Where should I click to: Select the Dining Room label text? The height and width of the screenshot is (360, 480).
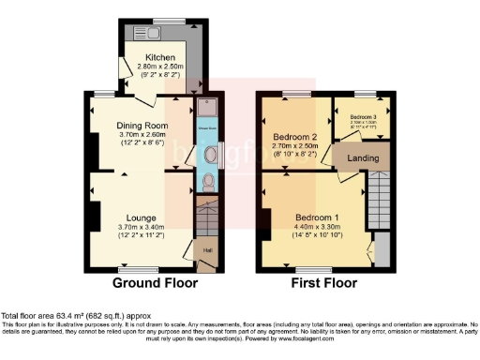(142, 126)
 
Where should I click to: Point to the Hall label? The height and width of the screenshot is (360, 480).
(206, 250)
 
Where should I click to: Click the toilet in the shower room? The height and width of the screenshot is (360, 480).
(207, 181)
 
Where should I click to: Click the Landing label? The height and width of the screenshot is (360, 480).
(363, 157)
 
